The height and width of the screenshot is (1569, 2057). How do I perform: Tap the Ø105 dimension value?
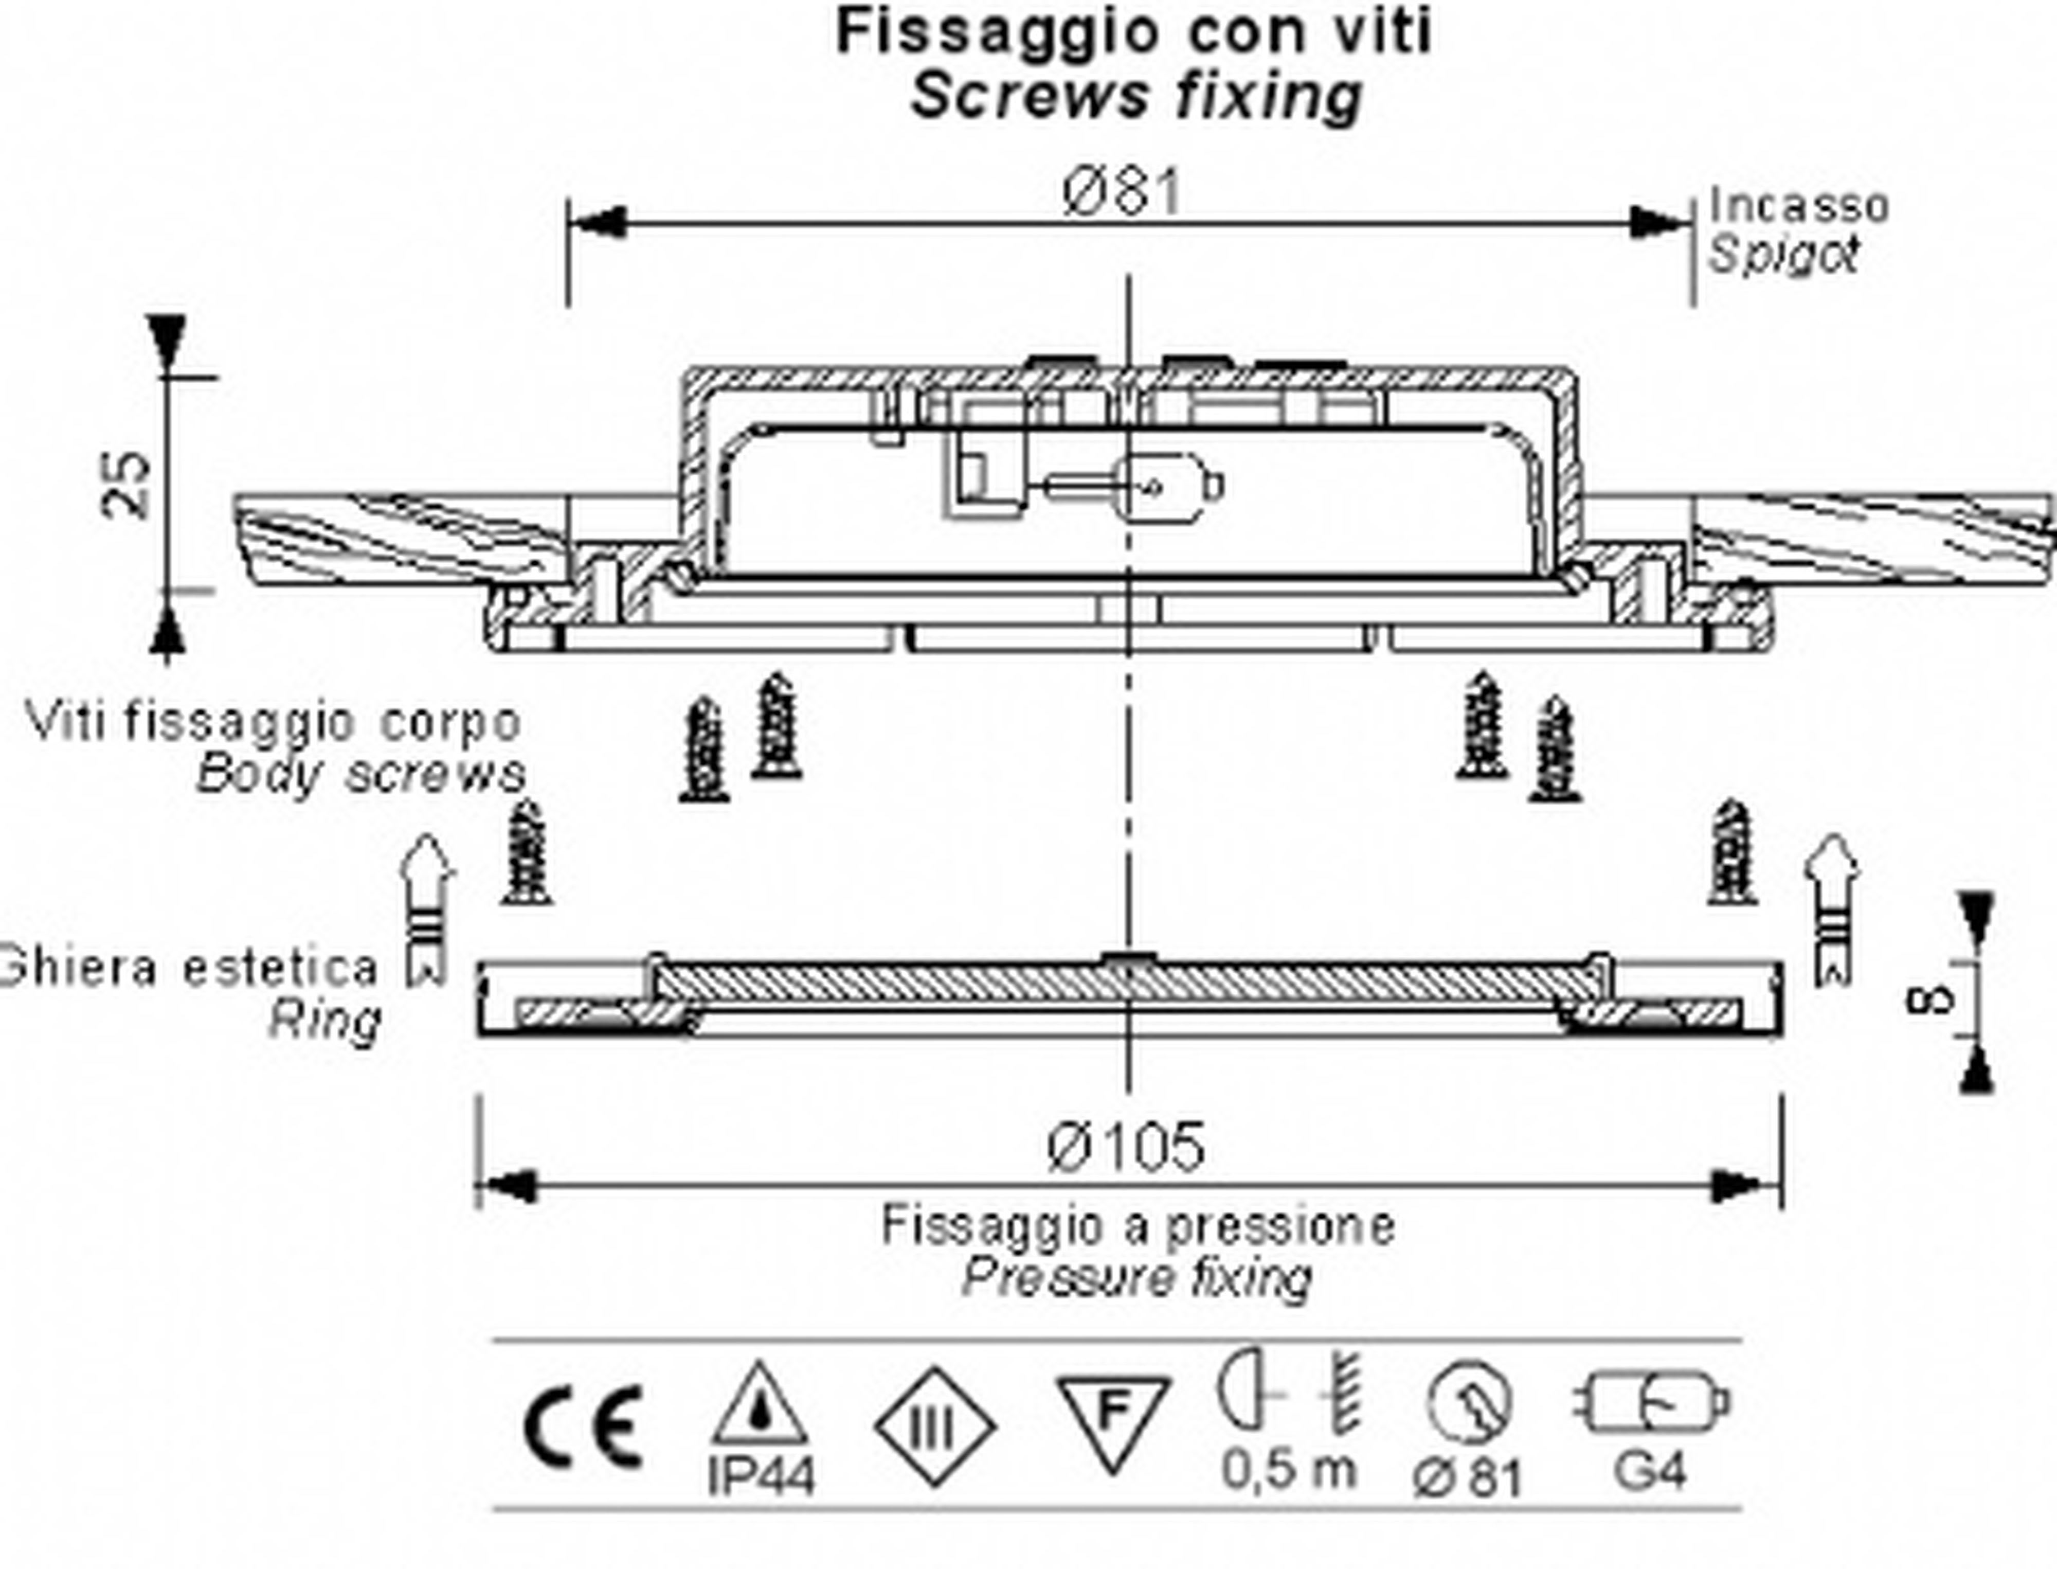1126,1147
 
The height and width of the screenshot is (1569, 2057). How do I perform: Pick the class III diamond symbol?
935,1426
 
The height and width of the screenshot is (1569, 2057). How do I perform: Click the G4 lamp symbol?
1651,1403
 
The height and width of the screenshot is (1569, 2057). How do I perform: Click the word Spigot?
1783,254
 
